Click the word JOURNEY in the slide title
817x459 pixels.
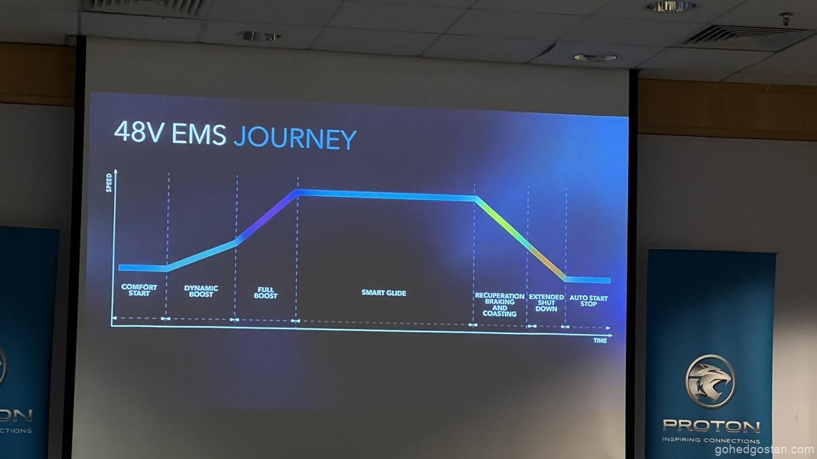pyautogui.click(x=295, y=138)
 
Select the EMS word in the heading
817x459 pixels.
pyautogui.click(x=199, y=134)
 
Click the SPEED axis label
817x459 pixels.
pyautogui.click(x=109, y=183)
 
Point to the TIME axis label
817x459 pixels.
pyautogui.click(x=600, y=340)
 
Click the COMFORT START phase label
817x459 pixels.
pyautogui.click(x=139, y=290)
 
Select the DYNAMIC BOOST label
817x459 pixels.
pyautogui.click(x=201, y=291)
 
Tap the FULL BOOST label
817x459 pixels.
pyautogui.click(x=266, y=293)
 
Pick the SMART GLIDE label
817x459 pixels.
pyautogui.click(x=384, y=293)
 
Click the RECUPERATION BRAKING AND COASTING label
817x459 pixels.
pyautogui.click(x=500, y=305)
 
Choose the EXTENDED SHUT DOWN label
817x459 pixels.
pyautogui.click(x=546, y=303)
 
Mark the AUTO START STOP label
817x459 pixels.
pyautogui.click(x=588, y=301)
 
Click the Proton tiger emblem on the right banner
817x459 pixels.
pyautogui.click(x=710, y=381)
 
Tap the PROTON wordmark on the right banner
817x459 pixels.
pyautogui.click(x=711, y=425)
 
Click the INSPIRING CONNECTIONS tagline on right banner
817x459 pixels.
pyautogui.click(x=711, y=440)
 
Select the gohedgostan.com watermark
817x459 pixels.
pyautogui.click(x=764, y=450)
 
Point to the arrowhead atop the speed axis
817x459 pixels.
pyautogui.click(x=116, y=171)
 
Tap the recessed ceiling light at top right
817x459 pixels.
pyautogui.click(x=671, y=6)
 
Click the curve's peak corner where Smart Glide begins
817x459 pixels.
pyautogui.click(x=297, y=192)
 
